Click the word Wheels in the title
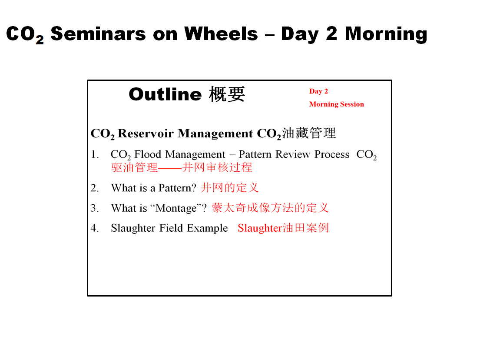pyautogui.click(x=221, y=33)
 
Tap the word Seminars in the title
pyautogui.click(x=98, y=33)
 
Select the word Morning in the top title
pyautogui.click(x=386, y=34)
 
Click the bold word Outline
pyautogui.click(x=166, y=94)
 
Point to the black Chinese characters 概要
pyautogui.click(x=227, y=94)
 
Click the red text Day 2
pyautogui.click(x=318, y=91)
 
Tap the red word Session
pyautogui.click(x=352, y=104)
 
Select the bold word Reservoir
pyautogui.click(x=146, y=133)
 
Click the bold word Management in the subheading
pyautogui.click(x=215, y=134)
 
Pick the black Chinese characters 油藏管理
pyautogui.click(x=309, y=133)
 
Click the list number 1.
pyautogui.click(x=95, y=154)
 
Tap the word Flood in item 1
pyautogui.click(x=148, y=154)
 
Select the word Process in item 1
pyautogui.click(x=332, y=154)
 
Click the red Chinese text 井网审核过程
pyautogui.click(x=217, y=167)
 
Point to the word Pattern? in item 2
pyautogui.click(x=177, y=188)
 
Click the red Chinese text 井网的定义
pyautogui.click(x=230, y=187)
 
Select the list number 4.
pyautogui.click(x=95, y=228)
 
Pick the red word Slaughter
pyautogui.click(x=260, y=228)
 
